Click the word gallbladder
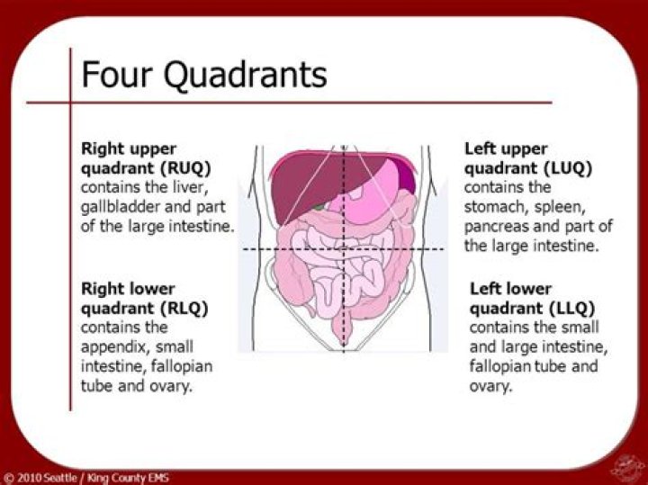(121, 207)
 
